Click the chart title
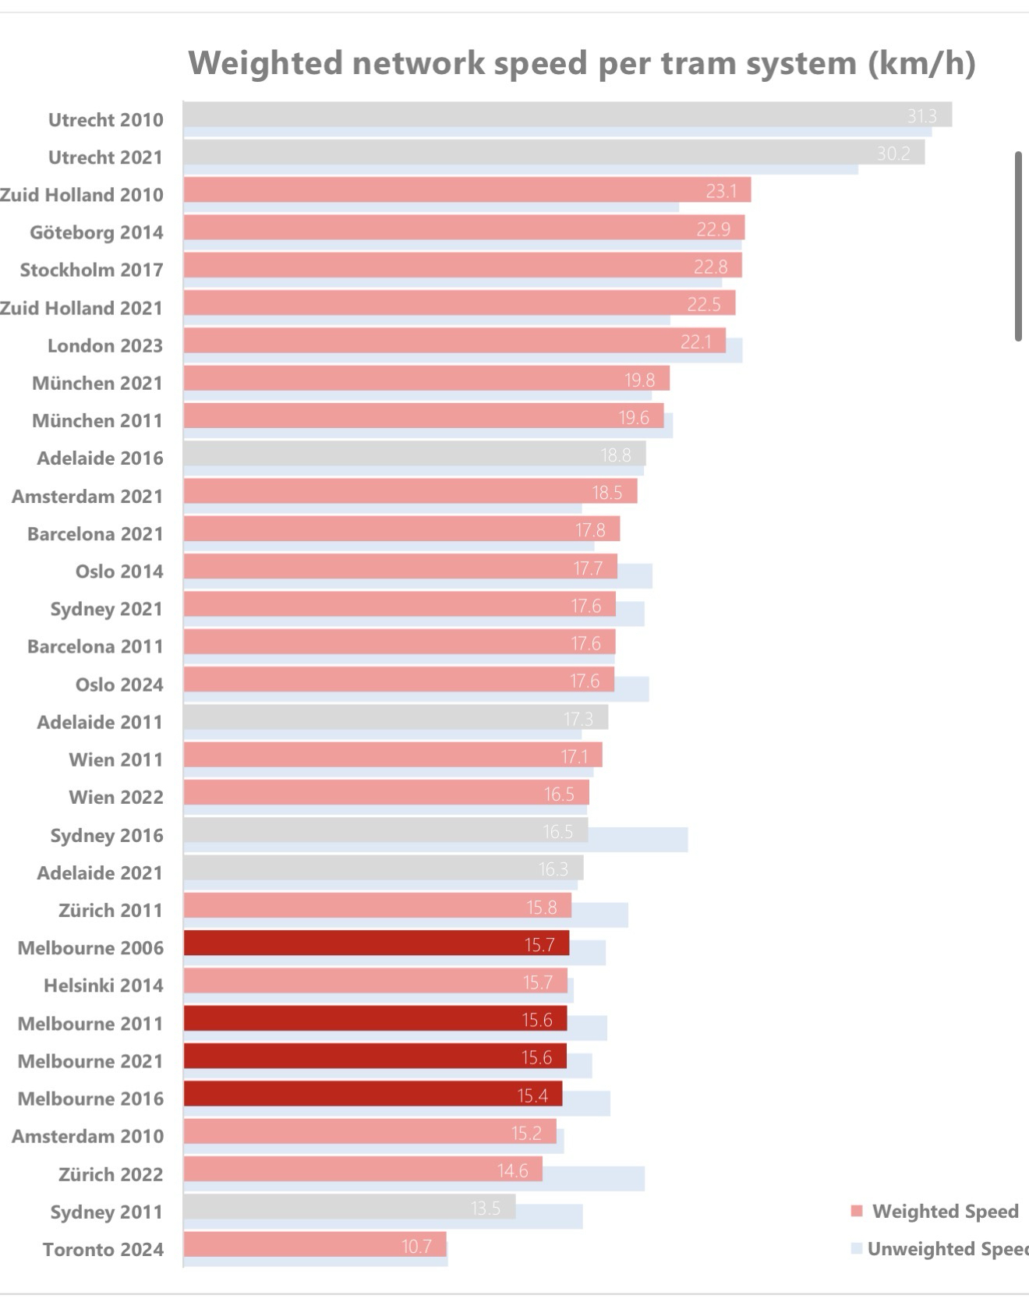pyautogui.click(x=582, y=63)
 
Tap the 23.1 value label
pyautogui.click(x=721, y=191)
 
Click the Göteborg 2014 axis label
pyautogui.click(x=97, y=232)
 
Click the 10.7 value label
pyautogui.click(x=416, y=1247)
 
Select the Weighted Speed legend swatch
pyautogui.click(x=857, y=1212)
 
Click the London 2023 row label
pyautogui.click(x=105, y=345)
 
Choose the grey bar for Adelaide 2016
pyautogui.click(x=414, y=454)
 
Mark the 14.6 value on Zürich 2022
pyautogui.click(x=512, y=1171)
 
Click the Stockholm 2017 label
pyautogui.click(x=92, y=270)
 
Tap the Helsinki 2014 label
pyautogui.click(x=104, y=986)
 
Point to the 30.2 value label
pyautogui.click(x=893, y=154)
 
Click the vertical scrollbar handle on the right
pyautogui.click(x=1018, y=246)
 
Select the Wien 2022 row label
pyautogui.click(x=116, y=797)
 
